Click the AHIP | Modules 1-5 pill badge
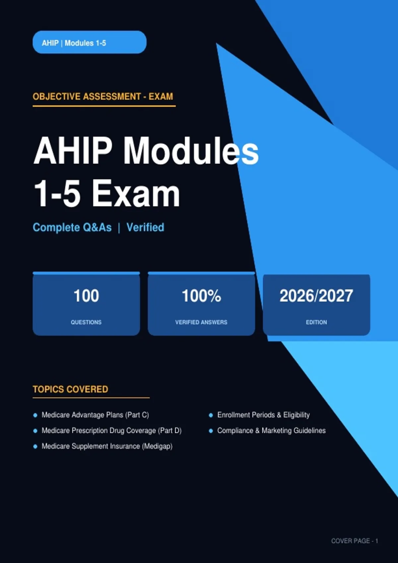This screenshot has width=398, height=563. point(89,42)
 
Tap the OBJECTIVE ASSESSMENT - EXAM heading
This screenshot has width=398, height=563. point(103,96)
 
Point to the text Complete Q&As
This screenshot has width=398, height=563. point(72,228)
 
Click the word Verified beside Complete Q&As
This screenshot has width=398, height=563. point(145,227)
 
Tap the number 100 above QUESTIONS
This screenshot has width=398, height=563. point(86,296)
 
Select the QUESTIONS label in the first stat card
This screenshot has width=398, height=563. point(86,322)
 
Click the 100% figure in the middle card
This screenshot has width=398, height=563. point(201,296)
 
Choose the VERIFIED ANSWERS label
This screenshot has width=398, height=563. point(201,322)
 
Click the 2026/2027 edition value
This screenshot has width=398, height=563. point(316,296)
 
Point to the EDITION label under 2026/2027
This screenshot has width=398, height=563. point(316,322)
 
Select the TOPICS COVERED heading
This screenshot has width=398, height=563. point(71,389)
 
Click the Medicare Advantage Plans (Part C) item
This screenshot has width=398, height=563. point(95,415)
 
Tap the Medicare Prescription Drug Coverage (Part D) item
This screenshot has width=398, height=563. point(111,431)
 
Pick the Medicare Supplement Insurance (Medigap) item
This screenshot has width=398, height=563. point(107,446)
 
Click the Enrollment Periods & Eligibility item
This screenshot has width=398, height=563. point(264,415)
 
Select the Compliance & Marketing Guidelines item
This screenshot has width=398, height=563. point(271,431)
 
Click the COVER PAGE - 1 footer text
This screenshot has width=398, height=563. point(355,541)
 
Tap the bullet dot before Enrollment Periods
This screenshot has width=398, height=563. point(211,415)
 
